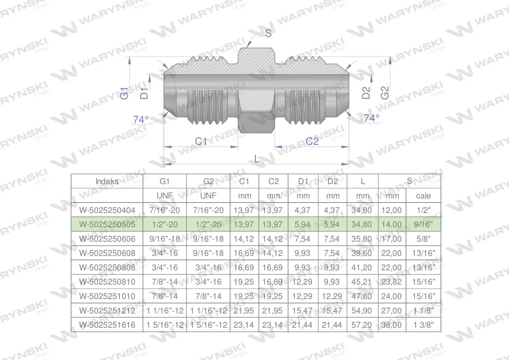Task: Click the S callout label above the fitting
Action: (268, 33)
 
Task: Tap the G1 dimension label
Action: (124, 93)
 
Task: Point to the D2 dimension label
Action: (366, 93)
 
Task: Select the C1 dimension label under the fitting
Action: (201, 141)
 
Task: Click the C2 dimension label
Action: (312, 141)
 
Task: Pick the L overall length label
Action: (257, 159)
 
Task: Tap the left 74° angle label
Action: (141, 120)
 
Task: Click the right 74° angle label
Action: (371, 118)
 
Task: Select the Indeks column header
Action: (107, 181)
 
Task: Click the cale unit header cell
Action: (423, 196)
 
